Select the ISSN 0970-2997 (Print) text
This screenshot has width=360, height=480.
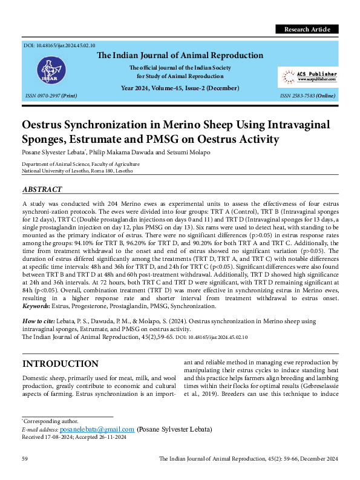[x=51, y=96]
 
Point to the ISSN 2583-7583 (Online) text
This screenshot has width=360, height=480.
[x=308, y=96]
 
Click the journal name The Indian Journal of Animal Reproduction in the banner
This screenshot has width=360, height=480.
[x=180, y=56]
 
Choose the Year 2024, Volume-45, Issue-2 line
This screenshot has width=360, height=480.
[x=180, y=88]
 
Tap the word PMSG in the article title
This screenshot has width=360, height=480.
[x=223, y=140]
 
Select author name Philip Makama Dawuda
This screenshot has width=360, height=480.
[x=122, y=152]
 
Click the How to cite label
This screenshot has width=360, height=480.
[x=39, y=321]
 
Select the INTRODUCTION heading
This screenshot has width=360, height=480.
[x=60, y=364]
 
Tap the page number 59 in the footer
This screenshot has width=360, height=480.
[x=25, y=459]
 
